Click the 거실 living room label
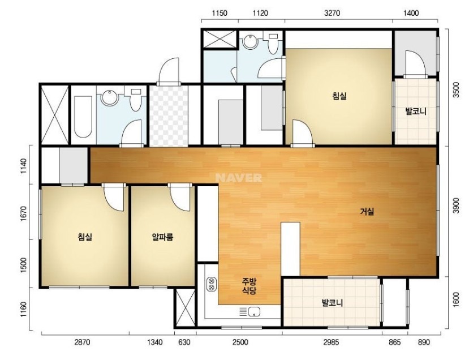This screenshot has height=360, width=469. (367, 212)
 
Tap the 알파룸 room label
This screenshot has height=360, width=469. (163, 237)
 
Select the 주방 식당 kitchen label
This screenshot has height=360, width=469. (249, 286)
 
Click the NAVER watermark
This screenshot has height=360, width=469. (238, 178)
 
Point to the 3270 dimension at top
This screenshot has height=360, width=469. (332, 13)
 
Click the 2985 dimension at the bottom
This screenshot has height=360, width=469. (331, 342)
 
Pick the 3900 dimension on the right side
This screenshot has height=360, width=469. (455, 205)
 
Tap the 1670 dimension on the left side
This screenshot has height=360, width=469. (24, 212)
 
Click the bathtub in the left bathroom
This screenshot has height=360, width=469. (83, 117)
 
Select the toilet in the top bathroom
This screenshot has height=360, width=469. (273, 44)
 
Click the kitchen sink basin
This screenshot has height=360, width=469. (254, 312)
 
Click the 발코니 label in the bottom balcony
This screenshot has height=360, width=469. (332, 303)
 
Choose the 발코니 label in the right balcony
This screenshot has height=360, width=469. (415, 112)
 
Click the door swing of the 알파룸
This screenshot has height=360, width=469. (180, 198)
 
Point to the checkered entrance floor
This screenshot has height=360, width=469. (169, 116)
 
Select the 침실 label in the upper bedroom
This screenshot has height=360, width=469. (339, 96)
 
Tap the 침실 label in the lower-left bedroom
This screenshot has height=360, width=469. (85, 237)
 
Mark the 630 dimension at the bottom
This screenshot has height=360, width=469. (184, 342)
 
